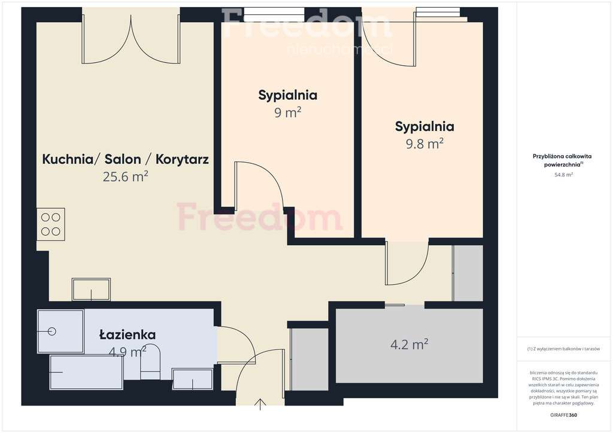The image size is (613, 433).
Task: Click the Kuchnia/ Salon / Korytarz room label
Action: pyautogui.click(x=125, y=159)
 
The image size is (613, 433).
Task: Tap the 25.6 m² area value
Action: pyautogui.click(x=125, y=176)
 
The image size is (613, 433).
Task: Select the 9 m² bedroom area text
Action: pyautogui.click(x=287, y=112)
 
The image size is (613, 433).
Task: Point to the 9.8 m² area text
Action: pyautogui.click(x=424, y=144)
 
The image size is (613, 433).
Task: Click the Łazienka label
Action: pyautogui.click(x=127, y=335)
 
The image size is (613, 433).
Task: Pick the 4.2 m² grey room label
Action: pyautogui.click(x=409, y=344)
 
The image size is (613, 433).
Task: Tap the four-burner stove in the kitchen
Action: pyautogui.click(x=50, y=224)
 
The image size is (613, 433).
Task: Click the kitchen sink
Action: pyautogui.click(x=91, y=289)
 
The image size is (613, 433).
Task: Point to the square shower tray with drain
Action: pyautogui.click(x=60, y=331)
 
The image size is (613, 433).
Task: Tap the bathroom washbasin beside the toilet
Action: pyautogui.click(x=193, y=379)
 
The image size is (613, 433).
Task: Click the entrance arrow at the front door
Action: pyautogui.click(x=261, y=404)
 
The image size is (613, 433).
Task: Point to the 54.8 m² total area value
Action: pyautogui.click(x=563, y=175)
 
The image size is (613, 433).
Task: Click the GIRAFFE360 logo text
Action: pyautogui.click(x=564, y=415)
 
